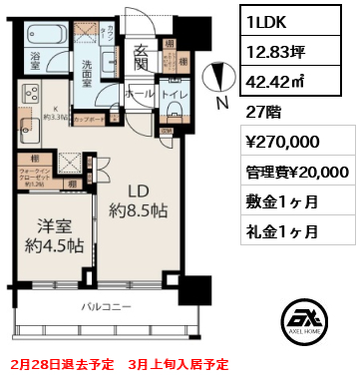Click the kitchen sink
click(26, 128)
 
